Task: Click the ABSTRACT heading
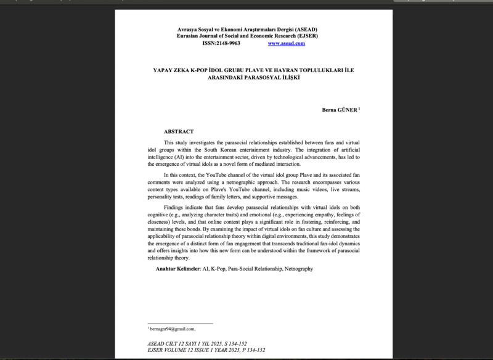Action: click(179, 131)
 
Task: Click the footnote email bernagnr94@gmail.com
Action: click(173, 329)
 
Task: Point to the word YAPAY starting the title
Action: click(163, 70)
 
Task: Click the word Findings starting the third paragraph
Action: click(174, 208)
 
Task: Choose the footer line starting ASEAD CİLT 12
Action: click(205, 343)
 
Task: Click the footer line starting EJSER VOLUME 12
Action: click(206, 350)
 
